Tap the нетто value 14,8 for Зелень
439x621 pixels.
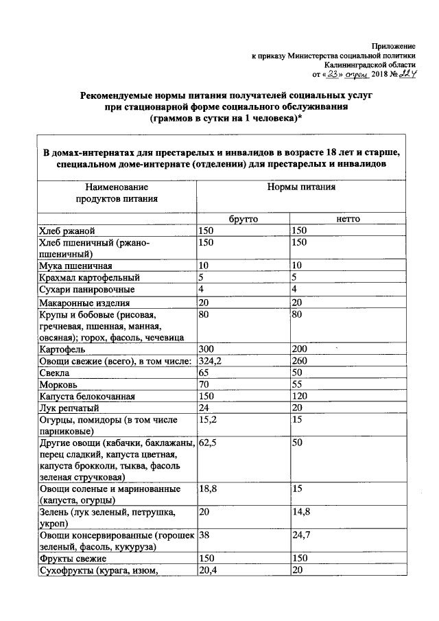pyautogui.click(x=300, y=512)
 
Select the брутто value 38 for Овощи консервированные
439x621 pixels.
pyautogui.click(x=204, y=535)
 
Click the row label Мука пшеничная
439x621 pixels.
pyautogui.click(x=75, y=266)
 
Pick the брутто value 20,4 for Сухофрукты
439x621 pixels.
pyautogui.click(x=208, y=570)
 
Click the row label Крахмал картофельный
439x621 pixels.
pyautogui.click(x=89, y=278)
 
